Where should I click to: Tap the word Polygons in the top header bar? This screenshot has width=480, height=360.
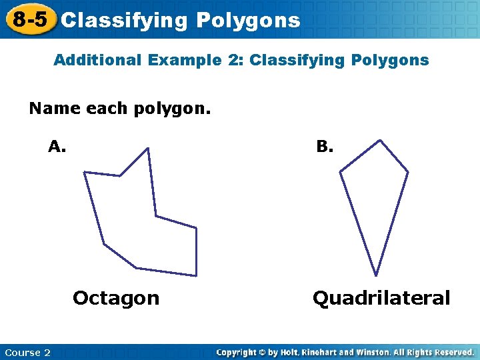[248, 21]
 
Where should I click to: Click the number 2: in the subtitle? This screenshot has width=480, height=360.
[235, 60]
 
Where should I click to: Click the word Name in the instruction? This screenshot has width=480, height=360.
[55, 108]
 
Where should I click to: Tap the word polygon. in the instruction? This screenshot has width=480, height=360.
[167, 108]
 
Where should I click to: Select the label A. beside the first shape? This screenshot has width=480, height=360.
[57, 147]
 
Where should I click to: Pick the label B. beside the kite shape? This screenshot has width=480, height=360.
[325, 147]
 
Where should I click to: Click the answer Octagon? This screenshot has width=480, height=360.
[116, 298]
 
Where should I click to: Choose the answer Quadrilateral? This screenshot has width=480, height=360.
[381, 298]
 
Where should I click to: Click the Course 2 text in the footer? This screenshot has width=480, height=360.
[27, 352]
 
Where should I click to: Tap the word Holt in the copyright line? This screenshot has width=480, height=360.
[287, 352]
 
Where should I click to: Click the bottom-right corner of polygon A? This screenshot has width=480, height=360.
[197, 275]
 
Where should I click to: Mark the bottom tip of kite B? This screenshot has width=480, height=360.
[376, 275]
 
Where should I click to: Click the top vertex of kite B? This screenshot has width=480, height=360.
[380, 140]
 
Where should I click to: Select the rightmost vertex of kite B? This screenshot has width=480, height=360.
[408, 171]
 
